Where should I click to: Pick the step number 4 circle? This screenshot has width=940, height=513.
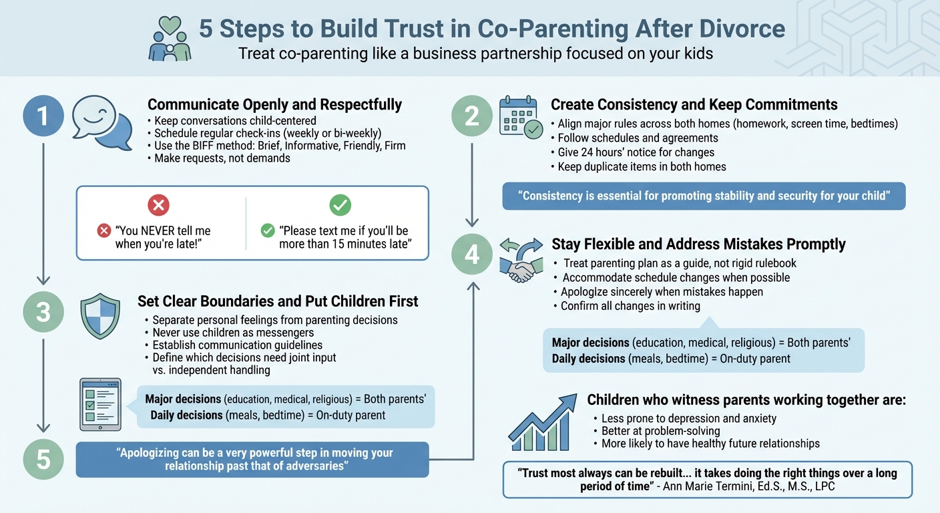[472, 254]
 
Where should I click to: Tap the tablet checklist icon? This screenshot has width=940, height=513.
[100, 404]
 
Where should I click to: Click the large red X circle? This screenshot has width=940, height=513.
[158, 204]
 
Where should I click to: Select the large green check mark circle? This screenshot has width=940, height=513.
[340, 204]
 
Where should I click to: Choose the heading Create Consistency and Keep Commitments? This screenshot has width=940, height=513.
[694, 105]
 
